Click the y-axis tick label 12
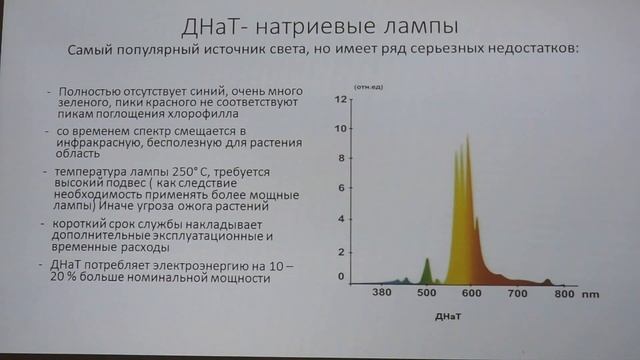pos(340,100)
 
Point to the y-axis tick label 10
pos(340,129)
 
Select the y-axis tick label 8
pos(341,158)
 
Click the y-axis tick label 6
pos(341,187)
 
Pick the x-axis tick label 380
pos(381,295)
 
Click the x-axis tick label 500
pos(428,295)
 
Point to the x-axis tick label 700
pos(518,295)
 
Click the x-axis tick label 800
pos(565,295)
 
